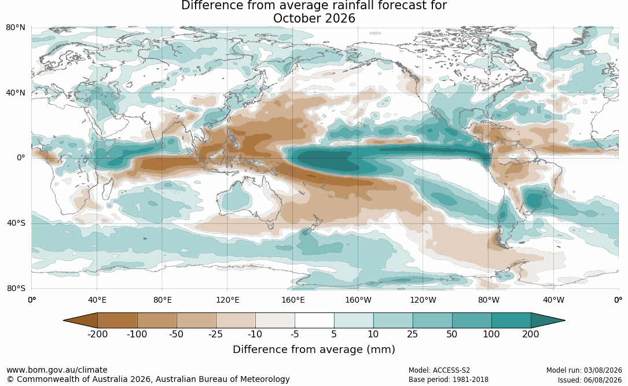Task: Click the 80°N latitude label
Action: pos(16,28)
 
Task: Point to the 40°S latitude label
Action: pos(16,223)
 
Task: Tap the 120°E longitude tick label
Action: pos(227,300)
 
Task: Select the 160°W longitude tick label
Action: pos(358,300)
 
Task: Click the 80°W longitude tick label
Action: pos(489,300)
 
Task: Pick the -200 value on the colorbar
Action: pos(97,334)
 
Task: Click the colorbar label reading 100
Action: pos(491,334)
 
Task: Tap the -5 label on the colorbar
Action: pos(295,334)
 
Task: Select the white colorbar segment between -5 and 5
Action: pos(314,321)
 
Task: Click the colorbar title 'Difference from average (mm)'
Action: pos(314,350)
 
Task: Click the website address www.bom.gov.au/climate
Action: pos(57,370)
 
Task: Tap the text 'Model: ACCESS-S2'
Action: pos(439,370)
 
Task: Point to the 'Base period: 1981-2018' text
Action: pos(449,380)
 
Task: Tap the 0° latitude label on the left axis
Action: pos(21,158)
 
